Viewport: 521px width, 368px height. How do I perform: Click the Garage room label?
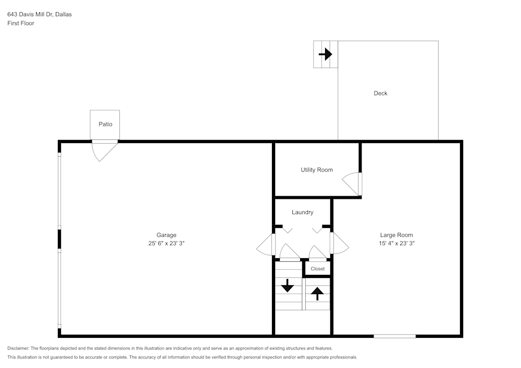click(167, 235)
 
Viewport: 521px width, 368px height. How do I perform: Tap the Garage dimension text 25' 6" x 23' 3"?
click(167, 243)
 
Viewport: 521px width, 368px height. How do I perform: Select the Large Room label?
click(396, 235)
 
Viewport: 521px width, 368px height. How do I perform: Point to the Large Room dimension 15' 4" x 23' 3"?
click(396, 243)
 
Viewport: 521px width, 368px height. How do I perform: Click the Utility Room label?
click(317, 170)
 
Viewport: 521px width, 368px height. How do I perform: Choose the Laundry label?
click(303, 212)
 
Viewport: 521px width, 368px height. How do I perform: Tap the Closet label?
click(317, 269)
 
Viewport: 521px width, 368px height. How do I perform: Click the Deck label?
click(381, 93)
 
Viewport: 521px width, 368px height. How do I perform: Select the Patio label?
click(105, 124)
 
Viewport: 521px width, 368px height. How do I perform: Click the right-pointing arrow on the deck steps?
click(326, 54)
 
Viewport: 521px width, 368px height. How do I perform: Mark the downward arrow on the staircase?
click(288, 286)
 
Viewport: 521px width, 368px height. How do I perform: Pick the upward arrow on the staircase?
click(317, 294)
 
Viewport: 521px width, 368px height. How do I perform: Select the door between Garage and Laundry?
click(266, 245)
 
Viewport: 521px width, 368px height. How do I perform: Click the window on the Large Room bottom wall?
click(394, 336)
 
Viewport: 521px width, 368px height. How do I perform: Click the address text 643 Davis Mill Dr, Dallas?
click(40, 15)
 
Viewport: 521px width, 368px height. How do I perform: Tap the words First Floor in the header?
click(21, 23)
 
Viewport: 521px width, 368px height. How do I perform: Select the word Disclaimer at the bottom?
click(18, 348)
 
